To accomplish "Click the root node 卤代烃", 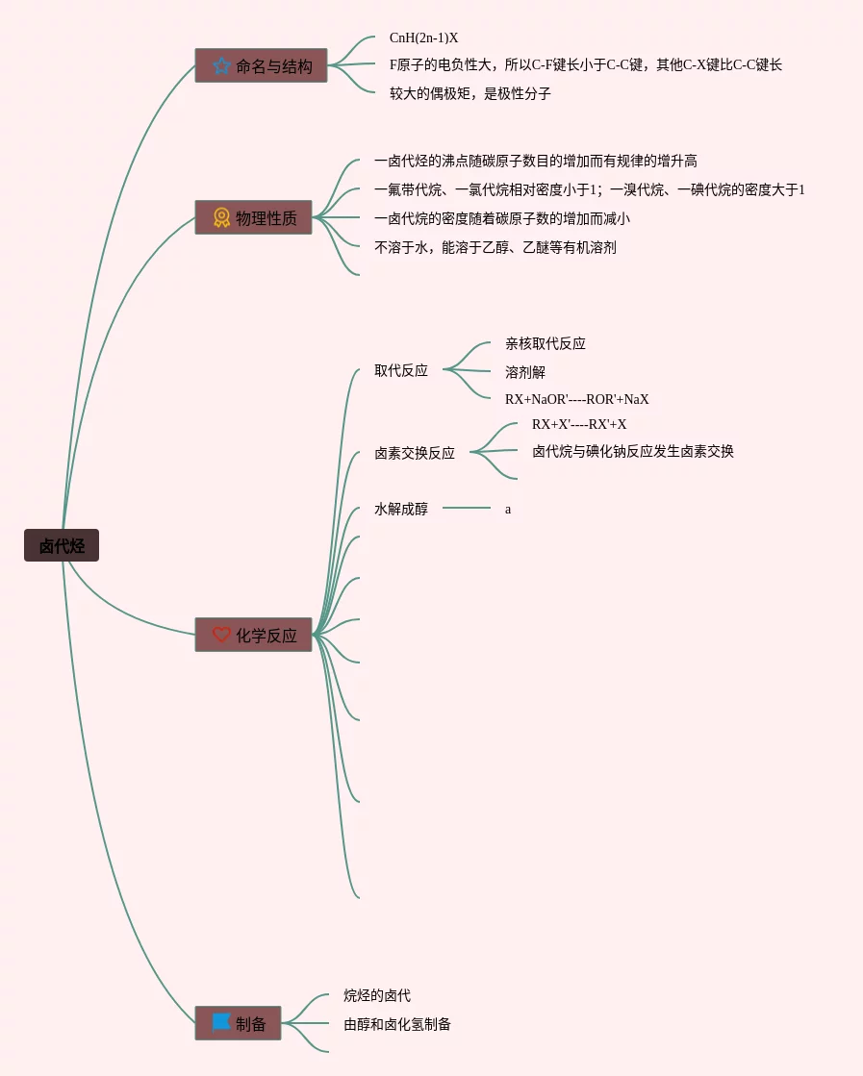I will [x=62, y=546].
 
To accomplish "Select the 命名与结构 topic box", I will [x=261, y=65].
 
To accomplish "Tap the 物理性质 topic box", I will [x=253, y=217].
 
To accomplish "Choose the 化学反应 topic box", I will [x=254, y=635].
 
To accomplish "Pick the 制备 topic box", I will [x=239, y=1023].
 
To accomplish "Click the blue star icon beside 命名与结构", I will [x=221, y=65].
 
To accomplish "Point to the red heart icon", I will [x=221, y=635].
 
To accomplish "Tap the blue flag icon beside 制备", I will [x=221, y=1022].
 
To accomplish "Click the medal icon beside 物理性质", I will [x=221, y=217].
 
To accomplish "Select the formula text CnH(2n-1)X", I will [x=423, y=38].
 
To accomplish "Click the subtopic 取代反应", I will [x=401, y=370].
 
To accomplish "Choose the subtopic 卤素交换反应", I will [x=415, y=453].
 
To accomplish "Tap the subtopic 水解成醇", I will [x=401, y=509].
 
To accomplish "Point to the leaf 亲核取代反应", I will [x=546, y=343].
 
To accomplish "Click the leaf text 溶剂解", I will [x=525, y=372].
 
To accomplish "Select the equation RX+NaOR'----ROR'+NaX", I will [x=576, y=399].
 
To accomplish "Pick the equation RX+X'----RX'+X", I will [x=579, y=424].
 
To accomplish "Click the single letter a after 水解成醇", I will [x=508, y=510].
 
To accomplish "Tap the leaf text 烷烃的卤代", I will [x=377, y=995].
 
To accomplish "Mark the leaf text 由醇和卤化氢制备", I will [x=397, y=1024].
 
